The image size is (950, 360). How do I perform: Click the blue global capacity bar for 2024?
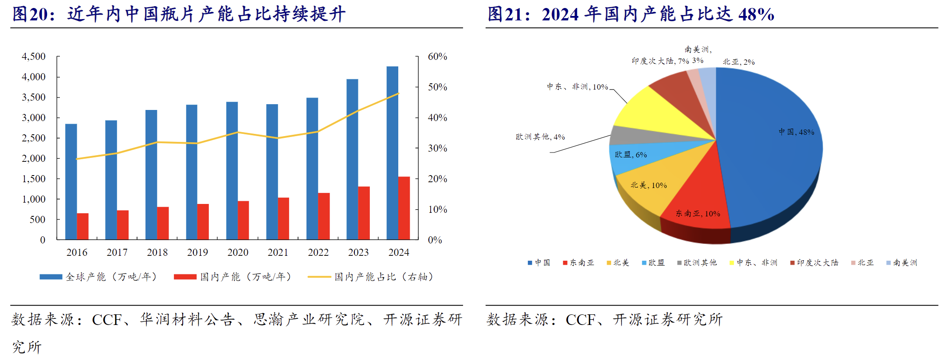[x=392, y=153]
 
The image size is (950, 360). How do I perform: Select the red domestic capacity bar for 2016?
[x=83, y=227]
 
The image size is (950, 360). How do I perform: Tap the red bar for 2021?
[x=283, y=219]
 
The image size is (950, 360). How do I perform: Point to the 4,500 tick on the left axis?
[x=34, y=57]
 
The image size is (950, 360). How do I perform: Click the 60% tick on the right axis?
[x=437, y=57]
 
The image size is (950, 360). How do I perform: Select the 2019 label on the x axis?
[x=197, y=253]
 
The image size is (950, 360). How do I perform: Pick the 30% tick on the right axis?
[x=437, y=149]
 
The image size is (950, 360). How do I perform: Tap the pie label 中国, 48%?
[x=797, y=132]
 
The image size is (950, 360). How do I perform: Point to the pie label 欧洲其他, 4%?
[x=540, y=137]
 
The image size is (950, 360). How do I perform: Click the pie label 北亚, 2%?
[x=738, y=62]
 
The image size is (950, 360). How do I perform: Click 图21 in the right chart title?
[x=505, y=14]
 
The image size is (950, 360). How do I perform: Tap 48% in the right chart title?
[x=756, y=14]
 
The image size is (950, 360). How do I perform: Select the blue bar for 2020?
[x=232, y=171]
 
